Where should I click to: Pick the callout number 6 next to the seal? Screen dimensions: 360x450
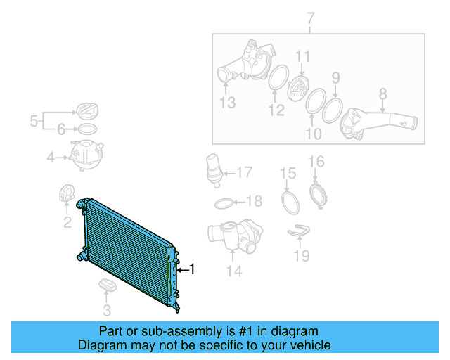61,129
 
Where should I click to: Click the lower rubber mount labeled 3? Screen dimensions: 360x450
107,285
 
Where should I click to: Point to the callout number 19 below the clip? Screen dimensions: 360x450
301,256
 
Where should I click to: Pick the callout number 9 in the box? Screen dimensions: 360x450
336,77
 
